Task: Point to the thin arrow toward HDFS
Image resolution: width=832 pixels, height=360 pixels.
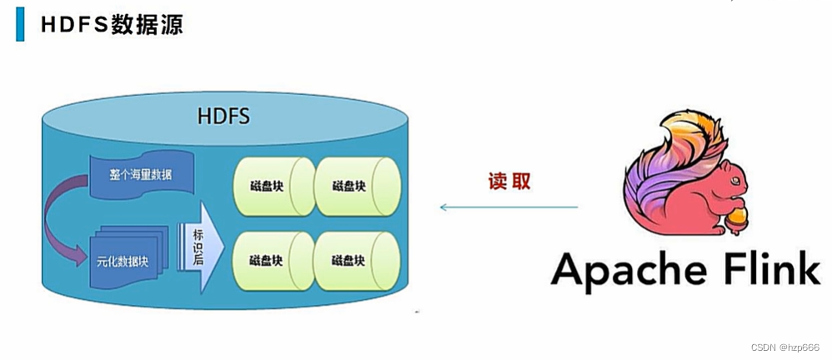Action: [x=509, y=206]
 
